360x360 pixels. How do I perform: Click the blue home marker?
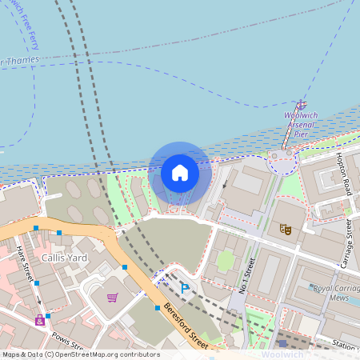[180, 173]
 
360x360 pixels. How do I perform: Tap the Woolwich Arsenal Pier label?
[301, 124]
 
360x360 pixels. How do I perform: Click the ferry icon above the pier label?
[301, 105]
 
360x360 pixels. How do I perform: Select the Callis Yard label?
[65, 258]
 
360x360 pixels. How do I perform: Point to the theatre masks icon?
[286, 229]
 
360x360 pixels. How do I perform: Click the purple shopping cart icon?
[113, 298]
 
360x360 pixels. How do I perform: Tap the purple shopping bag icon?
[39, 320]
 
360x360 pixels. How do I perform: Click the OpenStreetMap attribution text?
[80, 354]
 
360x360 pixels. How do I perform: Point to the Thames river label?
[19, 59]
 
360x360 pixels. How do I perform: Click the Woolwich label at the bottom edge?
[282, 354]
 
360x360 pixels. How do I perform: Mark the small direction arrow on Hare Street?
[37, 301]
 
